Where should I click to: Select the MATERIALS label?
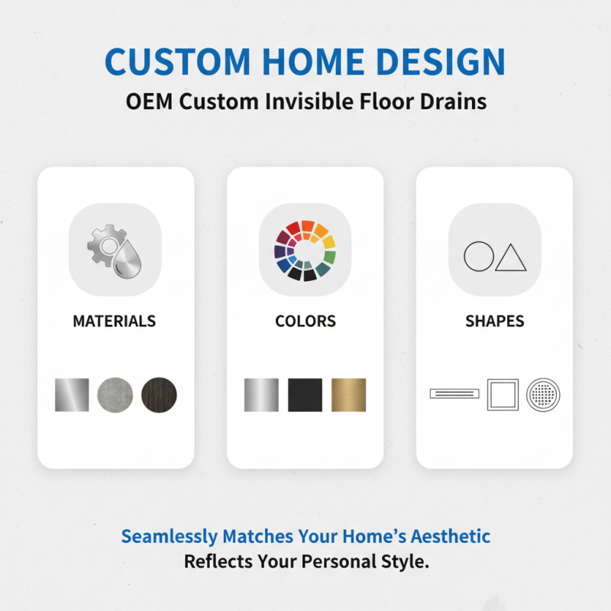tap(115, 321)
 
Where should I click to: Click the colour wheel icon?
tap(305, 251)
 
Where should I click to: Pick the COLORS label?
tap(305, 321)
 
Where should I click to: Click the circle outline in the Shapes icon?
tap(479, 257)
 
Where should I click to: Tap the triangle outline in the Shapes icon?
tap(511, 258)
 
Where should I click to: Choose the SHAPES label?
tap(494, 321)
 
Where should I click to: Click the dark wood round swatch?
tap(159, 395)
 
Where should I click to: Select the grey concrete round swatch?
tap(115, 395)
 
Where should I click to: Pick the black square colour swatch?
tap(305, 395)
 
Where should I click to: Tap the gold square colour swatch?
tap(348, 395)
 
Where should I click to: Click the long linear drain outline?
tap(455, 394)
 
